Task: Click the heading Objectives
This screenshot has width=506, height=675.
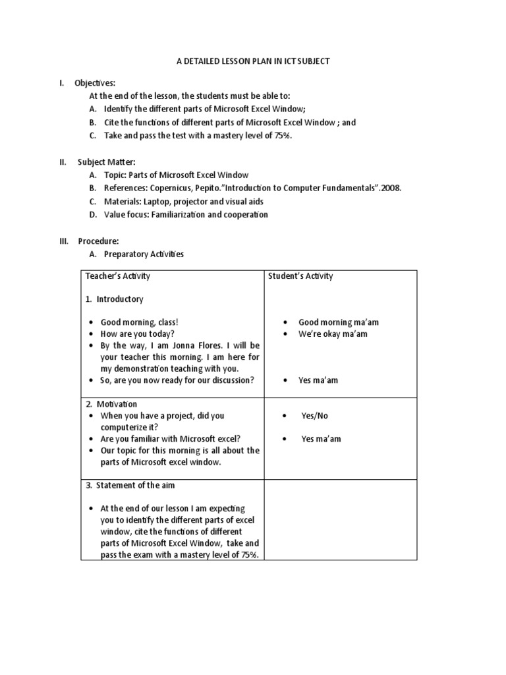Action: [95, 82]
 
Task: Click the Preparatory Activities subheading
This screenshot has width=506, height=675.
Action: [144, 254]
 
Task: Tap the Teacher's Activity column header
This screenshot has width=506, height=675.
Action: [117, 276]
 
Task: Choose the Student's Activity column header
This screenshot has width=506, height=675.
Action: [300, 276]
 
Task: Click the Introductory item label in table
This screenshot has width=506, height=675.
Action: [119, 299]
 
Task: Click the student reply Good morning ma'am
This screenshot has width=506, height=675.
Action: [339, 322]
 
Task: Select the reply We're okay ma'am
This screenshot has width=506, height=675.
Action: [333, 334]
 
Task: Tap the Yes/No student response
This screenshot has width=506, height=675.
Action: [314, 416]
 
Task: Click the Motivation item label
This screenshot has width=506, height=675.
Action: [117, 403]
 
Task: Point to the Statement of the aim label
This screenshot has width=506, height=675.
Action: [135, 485]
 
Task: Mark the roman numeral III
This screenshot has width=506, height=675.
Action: [64, 241]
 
